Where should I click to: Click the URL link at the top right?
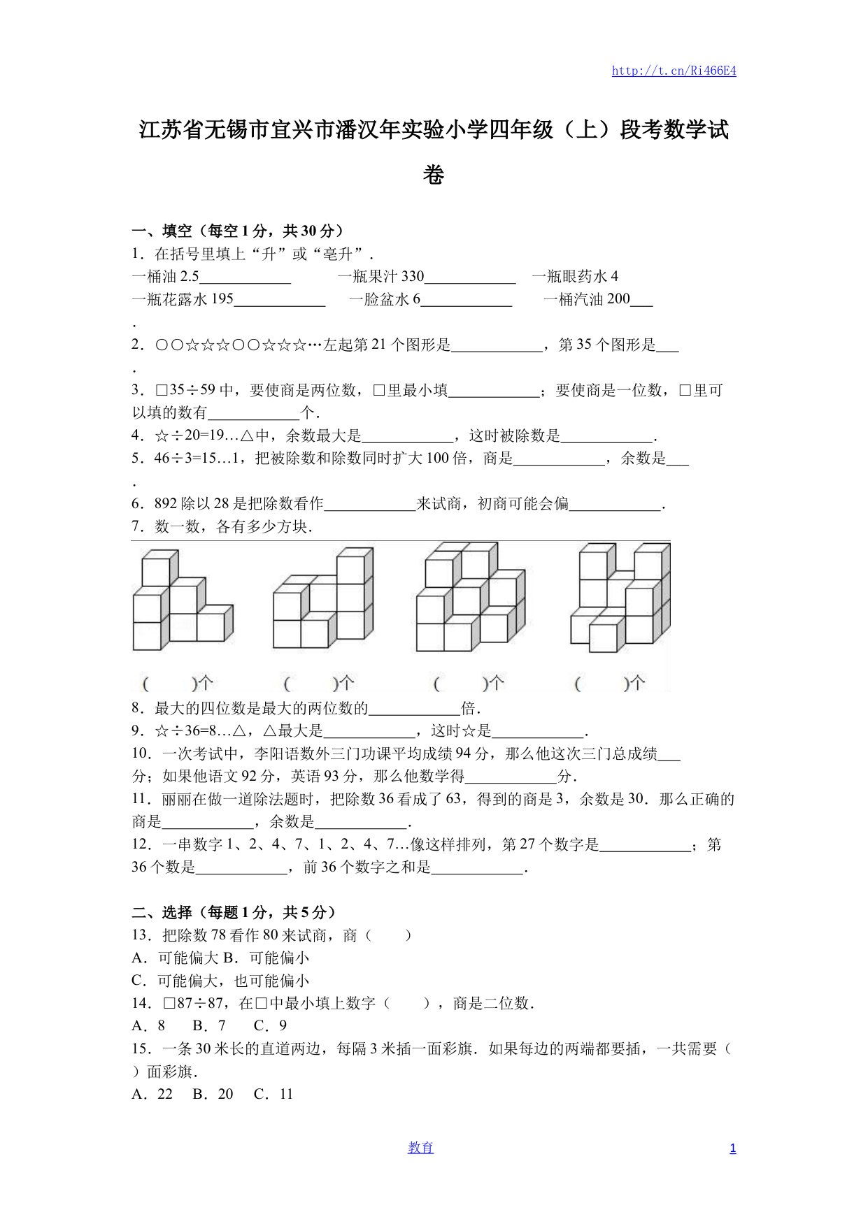pos(674,71)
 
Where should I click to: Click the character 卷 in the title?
pos(434,175)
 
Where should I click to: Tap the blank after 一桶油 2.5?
pos(245,277)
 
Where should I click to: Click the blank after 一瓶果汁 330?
pos(470,277)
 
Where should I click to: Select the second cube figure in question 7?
pos(323,598)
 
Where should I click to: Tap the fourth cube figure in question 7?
pos(620,597)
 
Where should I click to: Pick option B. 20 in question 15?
pos(213,1094)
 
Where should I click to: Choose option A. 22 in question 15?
pos(152,1094)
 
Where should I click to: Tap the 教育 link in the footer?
pos(420,1148)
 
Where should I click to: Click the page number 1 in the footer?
pos(732,1148)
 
